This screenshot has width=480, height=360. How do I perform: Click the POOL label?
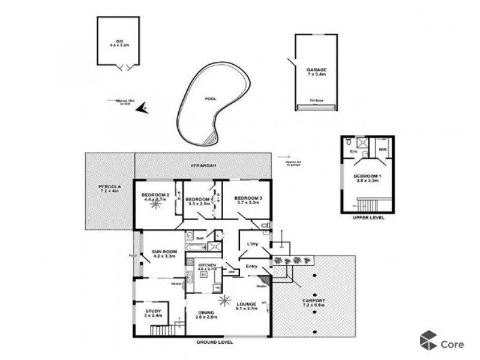tap(210, 98)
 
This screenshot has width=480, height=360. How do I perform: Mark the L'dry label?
tap(252, 244)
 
